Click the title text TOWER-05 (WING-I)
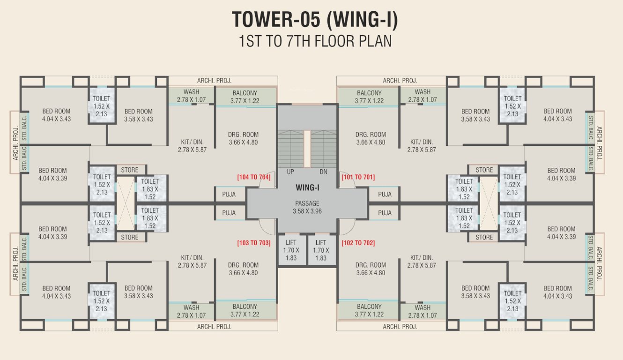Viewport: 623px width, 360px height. click(x=315, y=20)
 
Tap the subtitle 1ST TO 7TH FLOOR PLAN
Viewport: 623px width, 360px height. click(x=315, y=41)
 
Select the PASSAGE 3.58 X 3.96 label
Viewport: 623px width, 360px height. click(x=307, y=207)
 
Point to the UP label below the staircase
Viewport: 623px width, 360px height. click(x=290, y=172)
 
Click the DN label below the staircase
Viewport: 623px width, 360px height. click(x=323, y=172)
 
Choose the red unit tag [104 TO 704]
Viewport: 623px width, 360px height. click(x=253, y=177)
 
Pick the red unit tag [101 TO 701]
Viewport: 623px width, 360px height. click(x=358, y=177)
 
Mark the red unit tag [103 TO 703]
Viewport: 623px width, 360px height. click(x=253, y=243)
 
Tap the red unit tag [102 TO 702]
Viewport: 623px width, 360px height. click(x=358, y=243)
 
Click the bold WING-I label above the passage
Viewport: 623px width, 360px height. click(x=307, y=187)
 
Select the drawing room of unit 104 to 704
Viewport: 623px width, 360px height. click(x=243, y=138)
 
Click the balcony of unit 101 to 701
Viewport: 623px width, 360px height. click(x=369, y=97)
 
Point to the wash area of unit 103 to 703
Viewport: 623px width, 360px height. click(x=191, y=311)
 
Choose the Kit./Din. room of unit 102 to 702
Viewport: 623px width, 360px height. click(x=422, y=261)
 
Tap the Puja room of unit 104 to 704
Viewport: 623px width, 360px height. click(x=229, y=194)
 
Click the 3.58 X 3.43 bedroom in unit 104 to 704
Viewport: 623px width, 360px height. click(x=138, y=115)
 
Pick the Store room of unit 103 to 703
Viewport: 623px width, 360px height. click(x=130, y=237)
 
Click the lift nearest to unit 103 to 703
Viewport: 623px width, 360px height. click(x=291, y=250)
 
